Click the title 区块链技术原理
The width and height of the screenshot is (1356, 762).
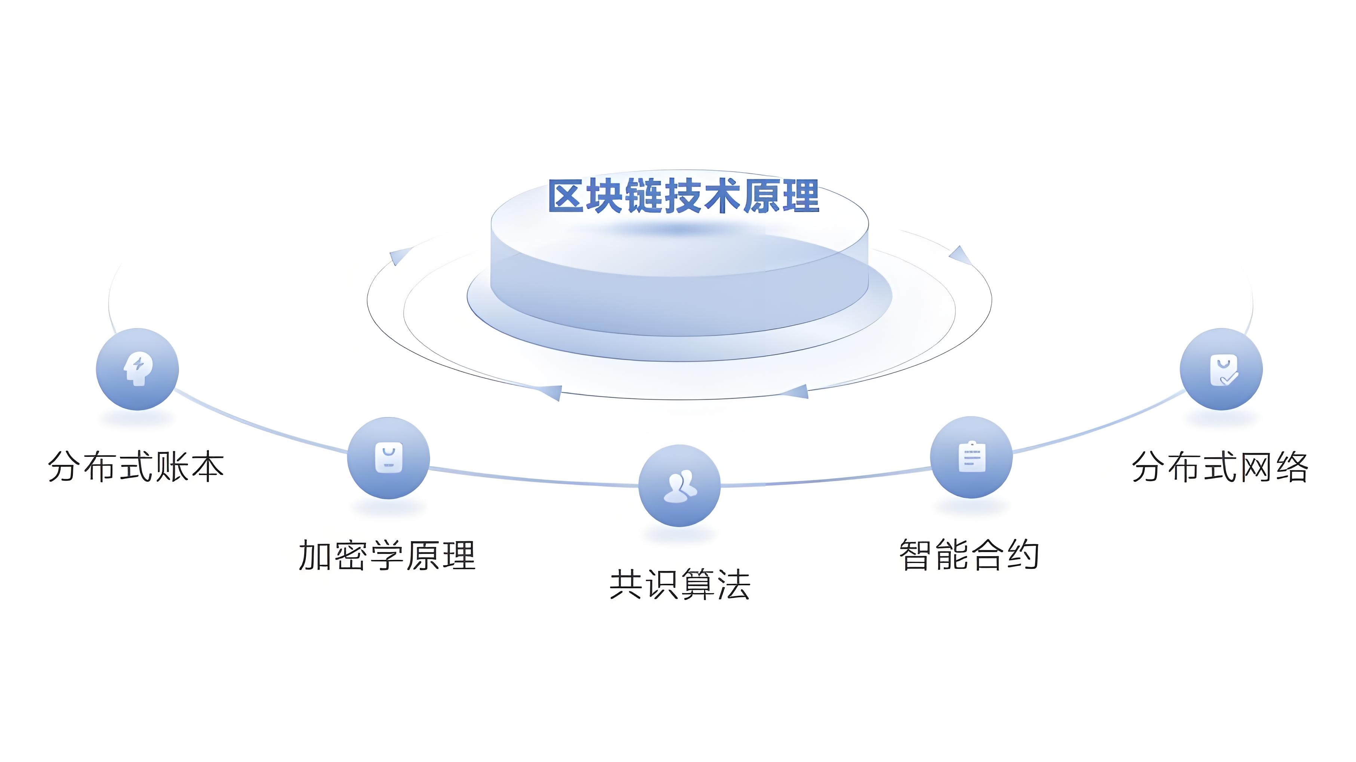click(x=684, y=196)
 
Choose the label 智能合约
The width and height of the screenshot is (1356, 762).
click(x=969, y=555)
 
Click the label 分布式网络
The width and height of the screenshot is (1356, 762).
click(x=1220, y=467)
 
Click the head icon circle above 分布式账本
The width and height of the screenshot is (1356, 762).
click(x=138, y=369)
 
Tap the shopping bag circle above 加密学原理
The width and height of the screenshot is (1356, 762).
click(x=388, y=458)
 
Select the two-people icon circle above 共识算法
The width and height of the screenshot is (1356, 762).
click(x=679, y=486)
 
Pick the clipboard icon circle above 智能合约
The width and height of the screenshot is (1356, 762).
click(x=971, y=457)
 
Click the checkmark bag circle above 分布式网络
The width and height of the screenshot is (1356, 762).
click(x=1221, y=369)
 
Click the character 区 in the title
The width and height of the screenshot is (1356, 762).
click(x=566, y=196)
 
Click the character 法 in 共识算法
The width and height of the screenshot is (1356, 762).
click(x=734, y=584)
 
